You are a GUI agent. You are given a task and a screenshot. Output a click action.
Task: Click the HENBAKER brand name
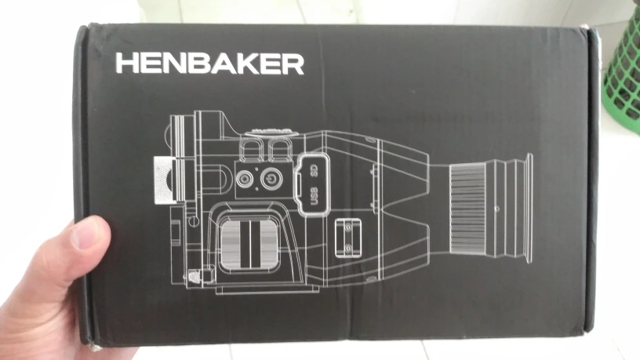point(209,64)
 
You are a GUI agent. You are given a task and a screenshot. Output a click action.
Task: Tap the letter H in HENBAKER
point(126,64)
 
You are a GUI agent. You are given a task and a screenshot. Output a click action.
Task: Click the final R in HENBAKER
point(293,64)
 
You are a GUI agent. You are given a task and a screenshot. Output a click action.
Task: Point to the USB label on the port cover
point(314,197)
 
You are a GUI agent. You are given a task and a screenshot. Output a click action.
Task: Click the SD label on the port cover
point(312,169)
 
